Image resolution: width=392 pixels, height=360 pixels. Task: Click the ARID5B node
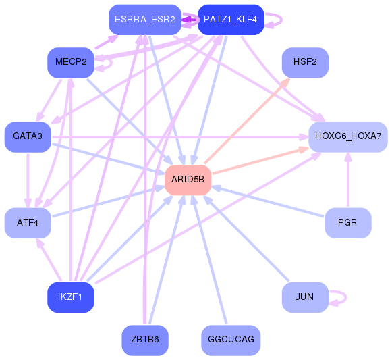point(188,180)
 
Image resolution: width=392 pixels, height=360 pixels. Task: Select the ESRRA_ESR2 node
point(145,20)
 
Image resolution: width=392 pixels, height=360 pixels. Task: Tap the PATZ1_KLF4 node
point(231,20)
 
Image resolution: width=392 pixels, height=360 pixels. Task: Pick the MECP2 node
point(71,62)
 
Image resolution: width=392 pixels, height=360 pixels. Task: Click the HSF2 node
point(305,62)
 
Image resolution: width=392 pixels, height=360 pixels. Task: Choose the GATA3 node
point(28,137)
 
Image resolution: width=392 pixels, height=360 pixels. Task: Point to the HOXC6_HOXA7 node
point(348,137)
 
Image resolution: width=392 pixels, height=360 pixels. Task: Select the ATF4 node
point(28,223)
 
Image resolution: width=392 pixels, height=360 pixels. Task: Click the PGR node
point(348,223)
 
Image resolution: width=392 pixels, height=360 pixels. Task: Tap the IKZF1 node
point(71,297)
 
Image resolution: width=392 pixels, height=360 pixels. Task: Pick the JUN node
point(305,297)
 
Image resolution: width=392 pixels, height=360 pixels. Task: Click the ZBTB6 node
point(145,340)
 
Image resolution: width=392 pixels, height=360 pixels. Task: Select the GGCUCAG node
point(231,340)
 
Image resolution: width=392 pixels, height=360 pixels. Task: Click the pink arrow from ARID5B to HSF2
point(247,121)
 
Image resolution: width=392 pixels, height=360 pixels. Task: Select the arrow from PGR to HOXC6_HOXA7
point(348,180)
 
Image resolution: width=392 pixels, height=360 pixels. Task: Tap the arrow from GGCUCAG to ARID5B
point(209,260)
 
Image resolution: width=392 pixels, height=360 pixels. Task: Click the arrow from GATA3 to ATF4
point(28,180)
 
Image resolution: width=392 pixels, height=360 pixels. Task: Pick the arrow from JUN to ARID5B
point(246,238)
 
